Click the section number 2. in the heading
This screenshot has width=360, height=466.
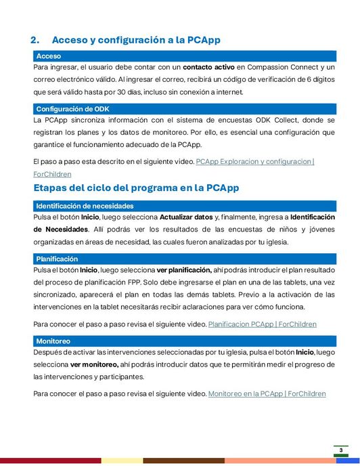[x=37, y=40]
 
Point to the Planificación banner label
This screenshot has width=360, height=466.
[x=57, y=259]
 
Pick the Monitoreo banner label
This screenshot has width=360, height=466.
[x=53, y=341]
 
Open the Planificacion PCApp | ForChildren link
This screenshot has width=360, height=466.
[x=262, y=324]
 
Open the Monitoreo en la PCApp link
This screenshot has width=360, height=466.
[x=267, y=394]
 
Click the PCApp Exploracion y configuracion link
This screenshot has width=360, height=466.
[x=254, y=161]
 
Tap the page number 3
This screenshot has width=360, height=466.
[x=341, y=450]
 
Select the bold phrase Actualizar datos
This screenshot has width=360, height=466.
[x=185, y=217]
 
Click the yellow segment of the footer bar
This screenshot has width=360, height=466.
[x=122, y=461]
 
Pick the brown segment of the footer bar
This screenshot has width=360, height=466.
[x=183, y=461]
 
